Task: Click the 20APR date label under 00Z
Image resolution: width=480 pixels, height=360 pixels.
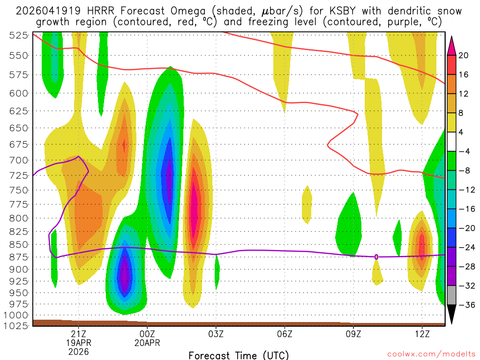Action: pos(147,343)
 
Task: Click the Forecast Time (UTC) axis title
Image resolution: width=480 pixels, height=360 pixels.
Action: pos(239,355)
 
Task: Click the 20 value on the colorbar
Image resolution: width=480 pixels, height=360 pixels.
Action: pos(464,55)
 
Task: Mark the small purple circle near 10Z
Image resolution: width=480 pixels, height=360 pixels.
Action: pos(376,257)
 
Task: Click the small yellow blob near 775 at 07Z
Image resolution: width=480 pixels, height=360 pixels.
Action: pos(307,204)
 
